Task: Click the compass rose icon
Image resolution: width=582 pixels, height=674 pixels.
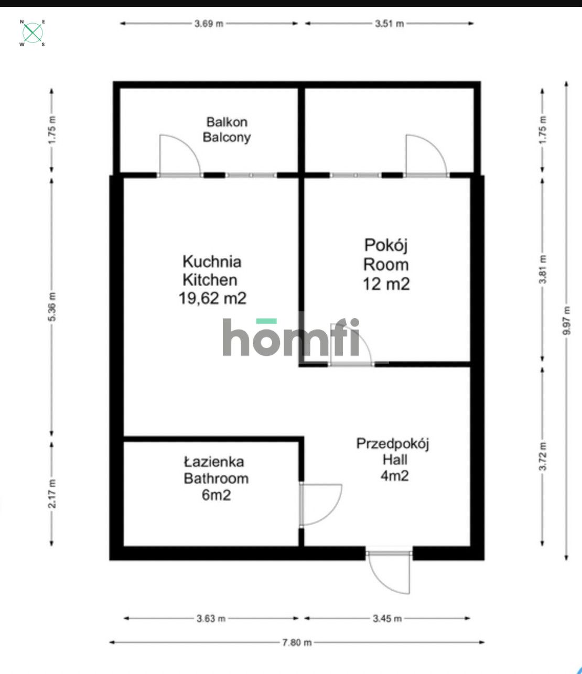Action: pyautogui.click(x=33, y=33)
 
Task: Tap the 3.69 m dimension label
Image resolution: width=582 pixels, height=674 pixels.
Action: pyautogui.click(x=209, y=24)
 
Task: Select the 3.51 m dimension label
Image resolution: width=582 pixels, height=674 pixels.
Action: pyautogui.click(x=389, y=24)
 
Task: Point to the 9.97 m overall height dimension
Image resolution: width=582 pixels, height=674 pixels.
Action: pyautogui.click(x=566, y=321)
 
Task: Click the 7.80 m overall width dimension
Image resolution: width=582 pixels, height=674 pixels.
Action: pyautogui.click(x=297, y=643)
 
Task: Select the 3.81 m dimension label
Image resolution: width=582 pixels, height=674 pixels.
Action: pyautogui.click(x=543, y=269)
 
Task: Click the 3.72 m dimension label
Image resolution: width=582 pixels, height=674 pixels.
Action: pyautogui.click(x=543, y=456)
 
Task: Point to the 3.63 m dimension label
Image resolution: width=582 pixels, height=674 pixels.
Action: pyautogui.click(x=211, y=618)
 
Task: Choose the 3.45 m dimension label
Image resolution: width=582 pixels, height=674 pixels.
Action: pyautogui.click(x=387, y=618)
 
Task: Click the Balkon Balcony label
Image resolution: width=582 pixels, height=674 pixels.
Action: pyautogui.click(x=227, y=130)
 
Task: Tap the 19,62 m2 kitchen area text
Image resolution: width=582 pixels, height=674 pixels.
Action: pyautogui.click(x=212, y=298)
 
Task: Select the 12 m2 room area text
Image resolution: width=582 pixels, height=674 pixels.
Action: pyautogui.click(x=386, y=284)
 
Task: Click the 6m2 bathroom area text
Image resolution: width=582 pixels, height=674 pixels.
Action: pyautogui.click(x=216, y=495)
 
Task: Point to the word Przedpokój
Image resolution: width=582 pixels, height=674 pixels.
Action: pyautogui.click(x=393, y=444)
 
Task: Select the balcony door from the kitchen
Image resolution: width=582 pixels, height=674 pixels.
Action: pyautogui.click(x=180, y=156)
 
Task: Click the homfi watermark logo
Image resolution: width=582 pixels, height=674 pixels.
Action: pyautogui.click(x=291, y=337)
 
